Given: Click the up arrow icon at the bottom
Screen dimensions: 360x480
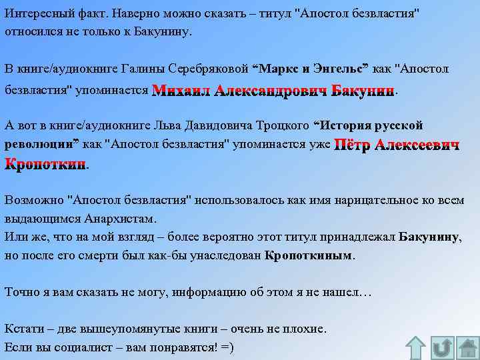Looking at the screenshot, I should pos(416,347).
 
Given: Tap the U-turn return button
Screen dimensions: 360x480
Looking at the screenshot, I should pos(441,347).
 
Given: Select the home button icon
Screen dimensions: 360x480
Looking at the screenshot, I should pos(467,347).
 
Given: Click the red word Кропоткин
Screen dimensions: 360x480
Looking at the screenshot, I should pos(45,163).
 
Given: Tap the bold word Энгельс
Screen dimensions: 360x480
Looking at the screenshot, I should pos(337,69).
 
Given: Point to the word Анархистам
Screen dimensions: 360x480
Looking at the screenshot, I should pos(120,217).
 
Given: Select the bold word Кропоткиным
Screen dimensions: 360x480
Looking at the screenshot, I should pos(308,255).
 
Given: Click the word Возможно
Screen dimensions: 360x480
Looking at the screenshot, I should pos(33,199).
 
